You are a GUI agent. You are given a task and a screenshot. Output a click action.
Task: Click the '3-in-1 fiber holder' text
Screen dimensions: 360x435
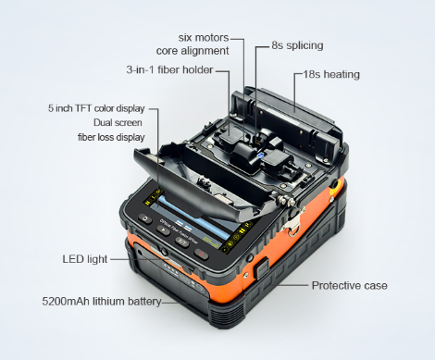169,70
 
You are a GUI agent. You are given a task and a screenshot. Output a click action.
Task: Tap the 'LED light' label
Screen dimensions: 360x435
84,260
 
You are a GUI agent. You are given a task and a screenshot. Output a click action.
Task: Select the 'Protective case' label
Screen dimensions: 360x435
349,285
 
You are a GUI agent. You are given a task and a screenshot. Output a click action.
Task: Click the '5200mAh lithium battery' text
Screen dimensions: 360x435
102,302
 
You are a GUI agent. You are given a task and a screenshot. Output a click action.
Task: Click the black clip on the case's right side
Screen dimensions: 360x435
264,269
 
